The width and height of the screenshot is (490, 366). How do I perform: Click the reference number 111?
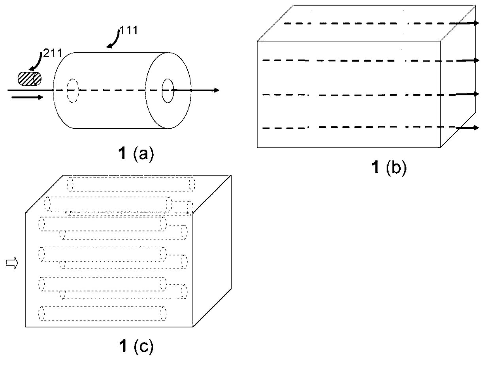129,30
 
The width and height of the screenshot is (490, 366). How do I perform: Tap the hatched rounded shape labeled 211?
30,79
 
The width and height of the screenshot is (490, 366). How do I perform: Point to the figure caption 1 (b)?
388,168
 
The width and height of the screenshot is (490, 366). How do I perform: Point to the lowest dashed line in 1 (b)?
356,128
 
